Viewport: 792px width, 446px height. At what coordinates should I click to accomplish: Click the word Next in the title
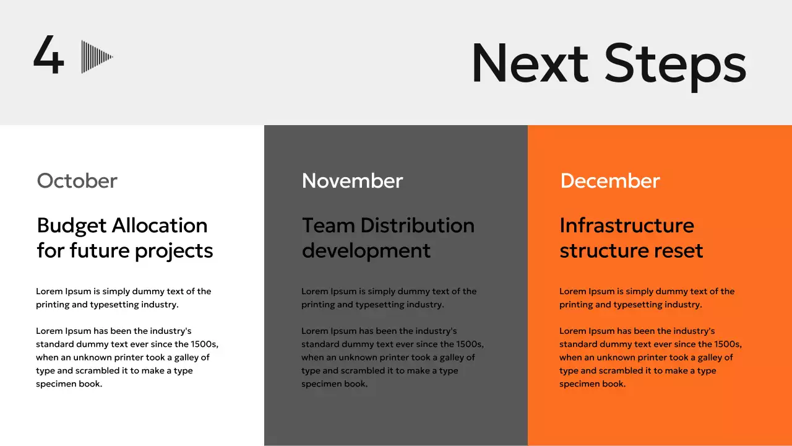click(x=530, y=63)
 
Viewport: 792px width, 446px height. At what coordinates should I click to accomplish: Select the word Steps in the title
click(x=675, y=66)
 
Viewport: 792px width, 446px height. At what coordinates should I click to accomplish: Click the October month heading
click(x=77, y=181)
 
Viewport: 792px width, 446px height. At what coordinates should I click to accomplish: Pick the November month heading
click(x=352, y=181)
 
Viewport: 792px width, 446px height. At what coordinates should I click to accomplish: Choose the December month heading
click(x=610, y=181)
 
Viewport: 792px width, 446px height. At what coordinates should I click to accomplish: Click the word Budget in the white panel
click(x=71, y=227)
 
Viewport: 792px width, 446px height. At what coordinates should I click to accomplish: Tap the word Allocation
click(x=160, y=225)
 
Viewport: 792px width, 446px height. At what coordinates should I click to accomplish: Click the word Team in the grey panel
click(x=328, y=225)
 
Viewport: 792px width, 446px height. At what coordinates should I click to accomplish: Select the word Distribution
click(x=417, y=225)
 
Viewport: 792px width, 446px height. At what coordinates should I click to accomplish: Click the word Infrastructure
click(x=627, y=225)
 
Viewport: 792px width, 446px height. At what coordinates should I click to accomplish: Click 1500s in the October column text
click(x=204, y=344)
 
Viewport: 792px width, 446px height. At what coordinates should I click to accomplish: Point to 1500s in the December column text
click(x=728, y=344)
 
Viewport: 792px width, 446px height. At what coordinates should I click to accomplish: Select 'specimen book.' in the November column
click(x=335, y=384)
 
